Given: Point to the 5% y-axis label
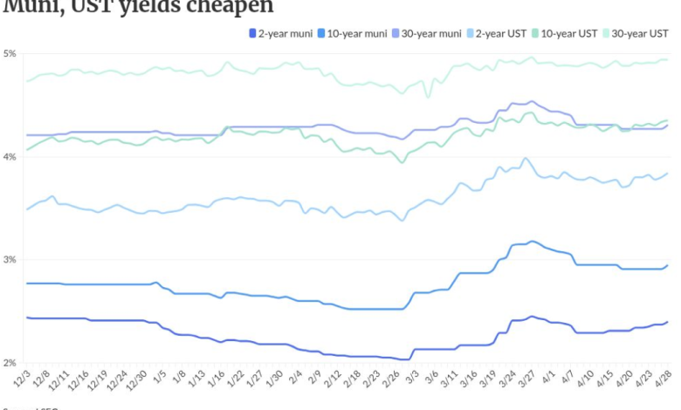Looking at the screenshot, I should (10, 54).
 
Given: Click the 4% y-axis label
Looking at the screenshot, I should (10, 157).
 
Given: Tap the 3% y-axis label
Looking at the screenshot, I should (10, 260).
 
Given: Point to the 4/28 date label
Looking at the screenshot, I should (664, 380).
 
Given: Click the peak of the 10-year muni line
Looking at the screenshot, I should (532, 241).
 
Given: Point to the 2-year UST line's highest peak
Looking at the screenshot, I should (525, 158).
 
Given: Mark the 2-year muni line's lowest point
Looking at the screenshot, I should (407, 359).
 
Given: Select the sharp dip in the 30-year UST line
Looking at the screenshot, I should (427, 97).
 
